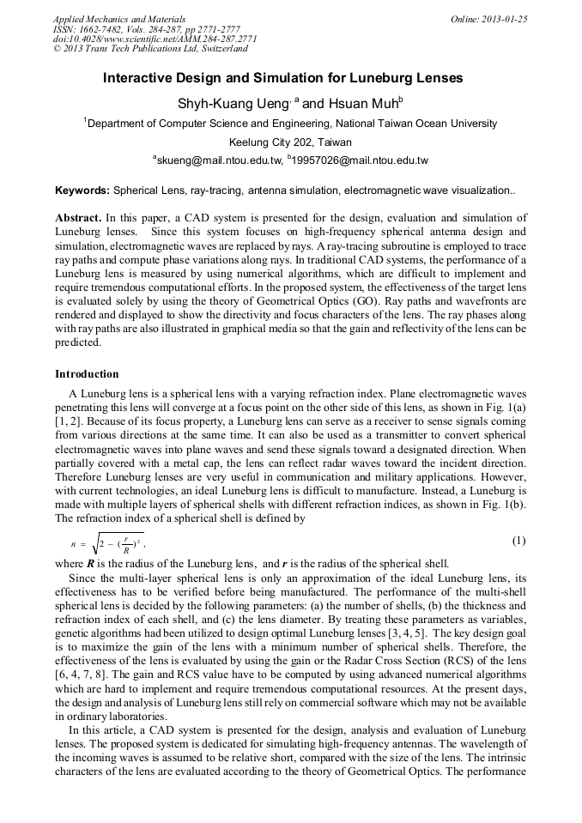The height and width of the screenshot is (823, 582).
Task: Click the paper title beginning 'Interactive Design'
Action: click(x=282, y=78)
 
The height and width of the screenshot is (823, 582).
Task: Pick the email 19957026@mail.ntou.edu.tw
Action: click(x=361, y=160)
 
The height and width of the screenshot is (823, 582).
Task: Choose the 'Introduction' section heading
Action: click(x=87, y=374)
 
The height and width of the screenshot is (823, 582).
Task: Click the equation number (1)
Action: click(x=518, y=541)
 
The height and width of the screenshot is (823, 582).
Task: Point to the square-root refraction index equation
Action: click(x=107, y=543)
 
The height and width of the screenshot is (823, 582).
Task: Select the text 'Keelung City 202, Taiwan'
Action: click(x=290, y=142)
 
